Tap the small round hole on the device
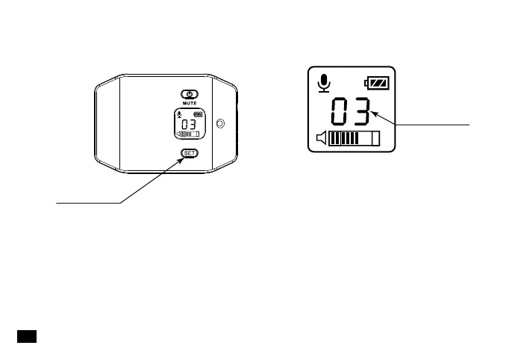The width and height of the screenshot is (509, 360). (219, 123)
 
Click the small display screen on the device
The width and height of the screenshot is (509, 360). (190, 124)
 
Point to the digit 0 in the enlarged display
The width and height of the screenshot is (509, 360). (340, 113)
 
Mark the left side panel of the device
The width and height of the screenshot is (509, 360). (109, 124)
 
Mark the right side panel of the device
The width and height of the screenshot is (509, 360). (223, 124)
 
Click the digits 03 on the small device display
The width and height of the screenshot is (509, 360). (189, 124)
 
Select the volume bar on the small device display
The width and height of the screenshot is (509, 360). (190, 134)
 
